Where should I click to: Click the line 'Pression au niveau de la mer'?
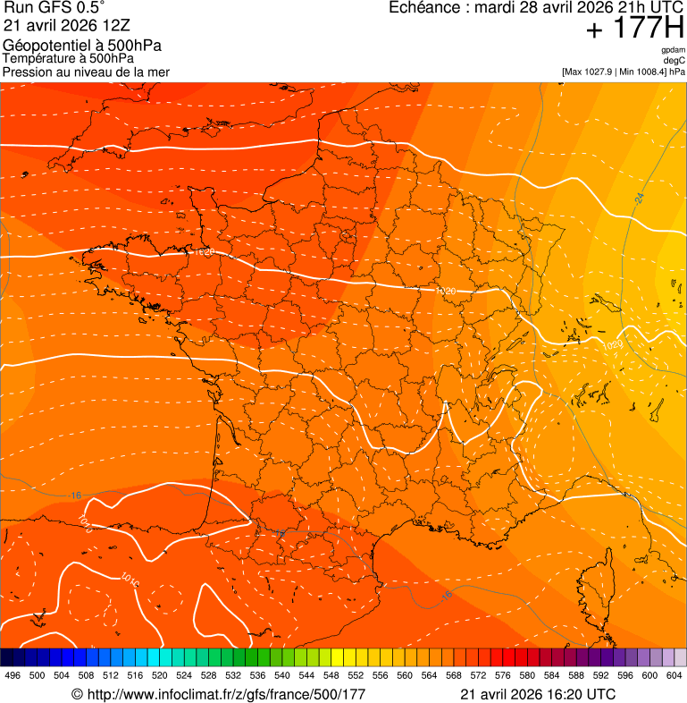(86, 72)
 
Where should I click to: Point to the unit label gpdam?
(673, 50)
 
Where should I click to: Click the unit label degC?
(674, 60)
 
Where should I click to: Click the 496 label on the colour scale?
(13, 675)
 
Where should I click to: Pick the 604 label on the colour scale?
(674, 675)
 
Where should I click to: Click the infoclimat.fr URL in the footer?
(218, 694)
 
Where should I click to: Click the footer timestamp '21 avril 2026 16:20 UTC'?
(538, 694)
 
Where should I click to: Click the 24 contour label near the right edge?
(640, 198)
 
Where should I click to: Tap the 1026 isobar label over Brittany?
(203, 253)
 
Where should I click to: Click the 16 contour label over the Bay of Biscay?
(75, 495)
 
